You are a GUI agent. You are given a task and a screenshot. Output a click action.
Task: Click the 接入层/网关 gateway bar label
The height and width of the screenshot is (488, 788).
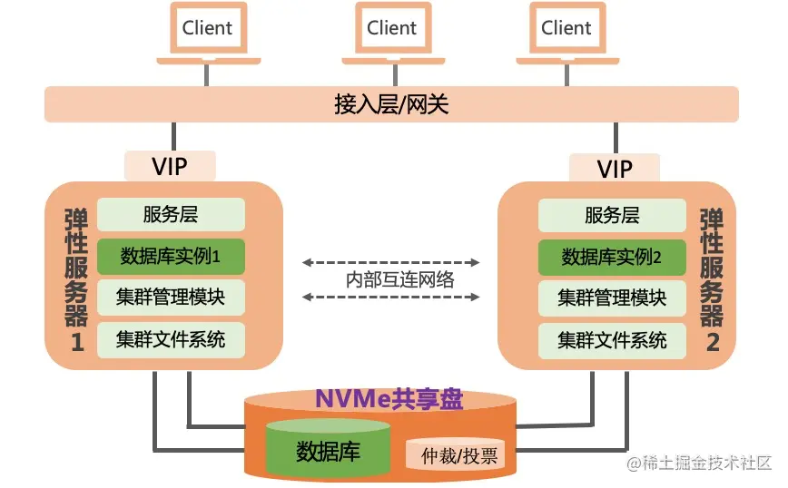(x=391, y=104)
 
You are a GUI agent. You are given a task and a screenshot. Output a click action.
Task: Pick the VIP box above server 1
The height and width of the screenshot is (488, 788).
(x=170, y=167)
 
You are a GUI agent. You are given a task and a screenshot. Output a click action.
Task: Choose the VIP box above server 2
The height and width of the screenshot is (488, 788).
(x=615, y=169)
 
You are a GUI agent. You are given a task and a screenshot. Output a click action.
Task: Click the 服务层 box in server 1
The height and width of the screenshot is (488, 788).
(x=171, y=215)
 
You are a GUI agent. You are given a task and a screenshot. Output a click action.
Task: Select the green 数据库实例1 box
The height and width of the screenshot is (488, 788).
(x=171, y=257)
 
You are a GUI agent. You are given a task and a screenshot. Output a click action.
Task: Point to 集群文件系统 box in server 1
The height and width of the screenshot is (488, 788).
(x=171, y=339)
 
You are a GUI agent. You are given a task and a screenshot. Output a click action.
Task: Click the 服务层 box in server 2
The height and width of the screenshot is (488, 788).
(x=612, y=215)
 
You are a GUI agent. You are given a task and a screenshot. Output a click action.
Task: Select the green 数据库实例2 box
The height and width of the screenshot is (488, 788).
(x=612, y=257)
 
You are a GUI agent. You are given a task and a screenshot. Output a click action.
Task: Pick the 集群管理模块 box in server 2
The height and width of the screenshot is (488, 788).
(x=612, y=298)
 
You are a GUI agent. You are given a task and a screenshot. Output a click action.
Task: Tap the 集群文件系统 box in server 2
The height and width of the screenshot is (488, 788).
(x=612, y=339)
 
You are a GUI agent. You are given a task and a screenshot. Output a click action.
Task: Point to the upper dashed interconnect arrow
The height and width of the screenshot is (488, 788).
(x=391, y=263)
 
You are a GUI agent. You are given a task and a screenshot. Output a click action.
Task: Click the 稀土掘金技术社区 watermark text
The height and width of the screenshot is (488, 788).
(x=696, y=464)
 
